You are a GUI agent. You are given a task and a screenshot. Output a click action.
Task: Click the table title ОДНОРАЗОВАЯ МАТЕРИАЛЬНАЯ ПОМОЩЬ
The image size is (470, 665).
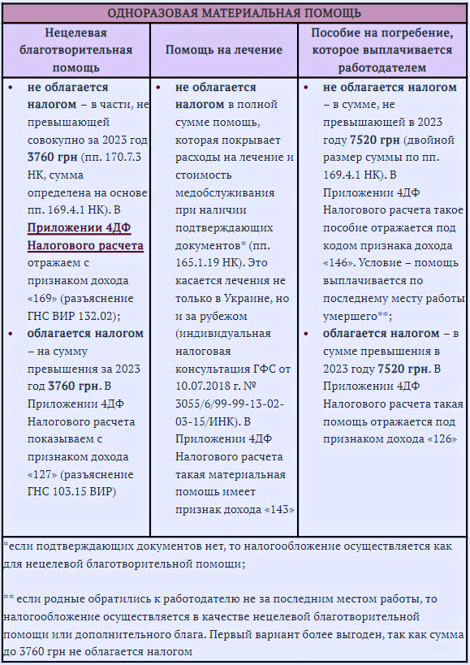coord(235,13)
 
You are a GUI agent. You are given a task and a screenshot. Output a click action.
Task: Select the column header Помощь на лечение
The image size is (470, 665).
coord(224,50)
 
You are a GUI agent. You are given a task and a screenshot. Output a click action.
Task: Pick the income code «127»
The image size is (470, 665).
coord(42,474)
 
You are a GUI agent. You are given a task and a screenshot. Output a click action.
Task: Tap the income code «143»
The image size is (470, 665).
coord(279,509)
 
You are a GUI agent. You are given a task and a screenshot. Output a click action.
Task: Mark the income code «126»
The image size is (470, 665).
coord(442,438)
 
